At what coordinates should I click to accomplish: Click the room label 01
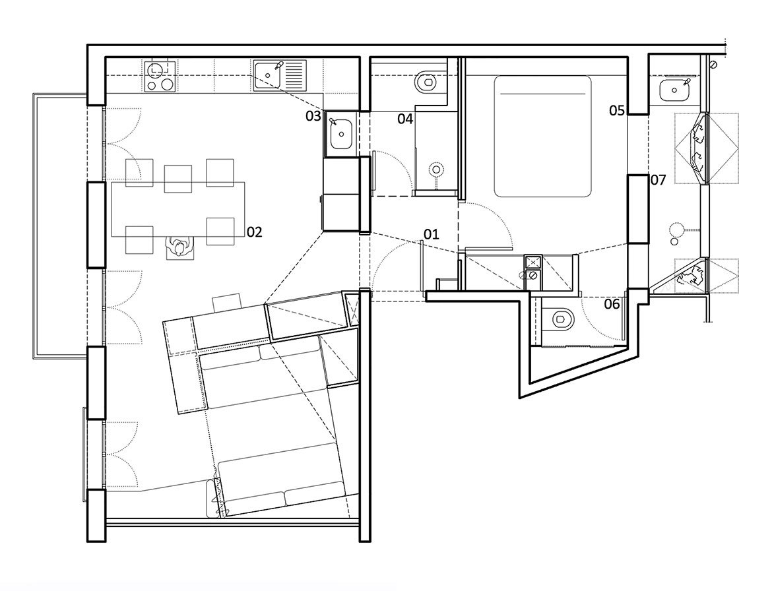431,233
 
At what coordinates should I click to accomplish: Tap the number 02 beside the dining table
255,232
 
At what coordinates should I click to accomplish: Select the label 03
313,117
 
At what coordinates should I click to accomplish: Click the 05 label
617,110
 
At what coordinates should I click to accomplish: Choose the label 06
612,304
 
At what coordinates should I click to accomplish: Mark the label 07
659,179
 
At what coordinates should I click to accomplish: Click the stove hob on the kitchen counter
158,76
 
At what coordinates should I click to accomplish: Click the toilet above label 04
426,82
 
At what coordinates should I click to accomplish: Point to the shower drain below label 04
436,170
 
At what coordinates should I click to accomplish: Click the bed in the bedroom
542,136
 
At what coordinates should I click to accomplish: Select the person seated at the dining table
178,247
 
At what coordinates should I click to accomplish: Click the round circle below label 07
676,231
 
